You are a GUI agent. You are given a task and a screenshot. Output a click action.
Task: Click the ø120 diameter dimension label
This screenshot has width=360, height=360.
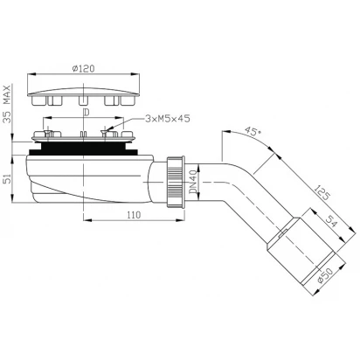click(x=83, y=68)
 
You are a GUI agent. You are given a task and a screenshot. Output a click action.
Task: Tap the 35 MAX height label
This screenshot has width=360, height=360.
click(x=7, y=104)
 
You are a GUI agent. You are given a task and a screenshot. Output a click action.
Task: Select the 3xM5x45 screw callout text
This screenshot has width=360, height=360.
click(x=168, y=119)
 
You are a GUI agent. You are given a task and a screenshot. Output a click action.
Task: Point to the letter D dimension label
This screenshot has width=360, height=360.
click(x=86, y=113)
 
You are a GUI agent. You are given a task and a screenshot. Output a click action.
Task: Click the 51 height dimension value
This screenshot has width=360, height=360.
click(x=8, y=178)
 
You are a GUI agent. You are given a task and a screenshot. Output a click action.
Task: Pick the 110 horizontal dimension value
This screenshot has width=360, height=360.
click(x=134, y=215)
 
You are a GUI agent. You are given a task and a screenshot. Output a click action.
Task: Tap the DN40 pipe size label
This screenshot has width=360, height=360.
click(x=193, y=182)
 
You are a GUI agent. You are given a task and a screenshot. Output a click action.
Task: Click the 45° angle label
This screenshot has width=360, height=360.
click(x=253, y=131)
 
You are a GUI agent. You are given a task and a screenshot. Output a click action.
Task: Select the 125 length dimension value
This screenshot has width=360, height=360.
click(x=322, y=192)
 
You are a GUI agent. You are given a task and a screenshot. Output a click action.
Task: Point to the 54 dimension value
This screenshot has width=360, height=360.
click(x=331, y=221)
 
